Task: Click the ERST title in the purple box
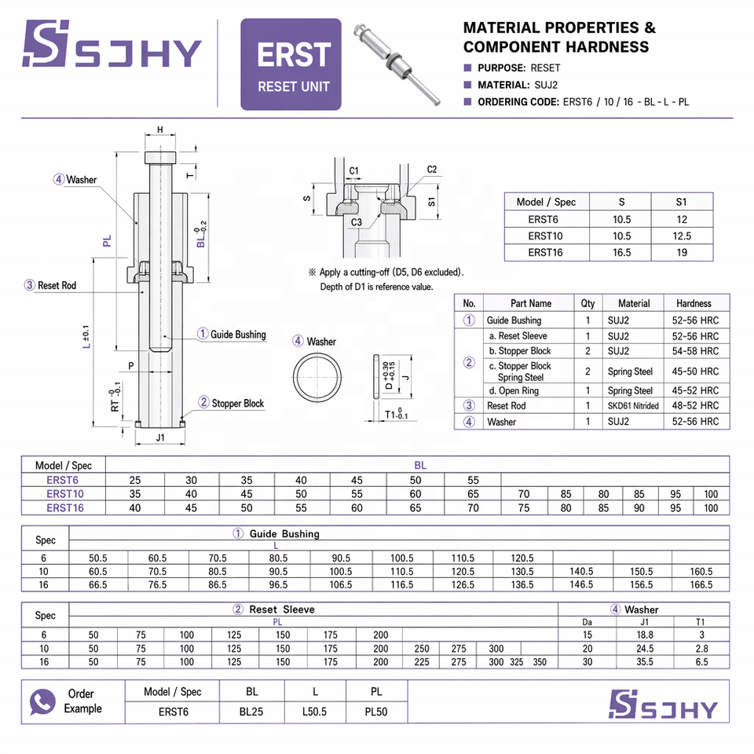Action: [294, 55]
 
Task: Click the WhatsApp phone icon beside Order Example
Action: [42, 701]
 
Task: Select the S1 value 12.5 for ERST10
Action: [682, 236]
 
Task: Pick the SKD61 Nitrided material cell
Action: [633, 406]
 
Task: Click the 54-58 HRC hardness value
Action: [695, 351]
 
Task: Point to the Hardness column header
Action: [694, 303]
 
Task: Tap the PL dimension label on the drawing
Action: [107, 240]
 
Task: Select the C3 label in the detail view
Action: [357, 222]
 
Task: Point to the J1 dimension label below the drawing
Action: [160, 437]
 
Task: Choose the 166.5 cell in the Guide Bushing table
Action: [701, 584]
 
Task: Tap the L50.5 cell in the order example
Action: [314, 712]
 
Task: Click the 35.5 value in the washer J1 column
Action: [645, 662]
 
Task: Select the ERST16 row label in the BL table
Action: [65, 508]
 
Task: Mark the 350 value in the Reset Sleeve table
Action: [540, 662]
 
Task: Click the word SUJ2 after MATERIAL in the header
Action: [546, 85]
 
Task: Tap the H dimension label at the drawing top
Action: [160, 130]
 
